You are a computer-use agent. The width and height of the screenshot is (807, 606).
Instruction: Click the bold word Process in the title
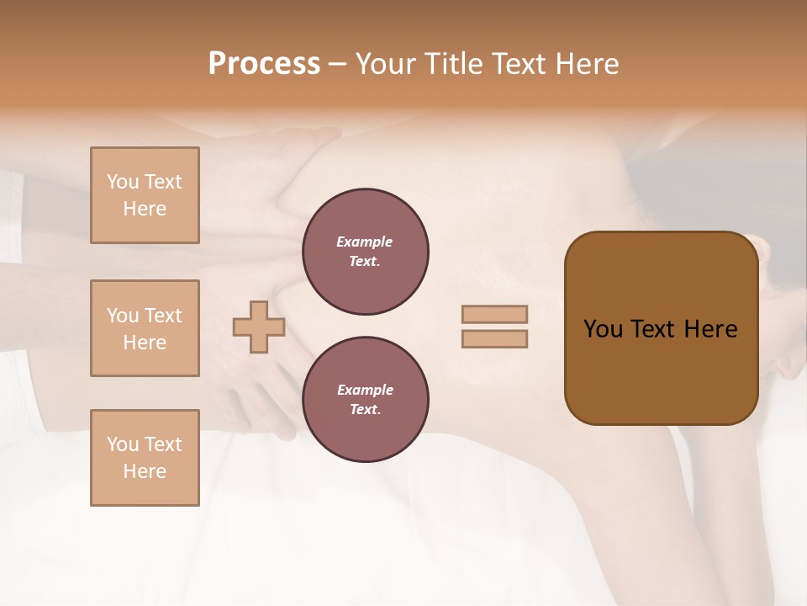pyautogui.click(x=264, y=64)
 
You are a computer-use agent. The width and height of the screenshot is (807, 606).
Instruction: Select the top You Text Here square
pyautogui.click(x=145, y=195)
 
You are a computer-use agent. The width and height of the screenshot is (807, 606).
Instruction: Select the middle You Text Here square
pyautogui.click(x=145, y=328)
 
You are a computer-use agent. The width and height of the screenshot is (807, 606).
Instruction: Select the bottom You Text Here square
pyautogui.click(x=145, y=458)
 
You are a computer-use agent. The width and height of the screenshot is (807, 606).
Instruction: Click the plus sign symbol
pyautogui.click(x=259, y=327)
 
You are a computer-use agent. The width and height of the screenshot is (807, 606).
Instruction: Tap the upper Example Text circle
pyautogui.click(x=365, y=252)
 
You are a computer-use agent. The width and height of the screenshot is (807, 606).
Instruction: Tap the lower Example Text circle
pyautogui.click(x=365, y=400)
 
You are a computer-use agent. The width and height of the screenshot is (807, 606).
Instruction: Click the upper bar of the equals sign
pyautogui.click(x=494, y=314)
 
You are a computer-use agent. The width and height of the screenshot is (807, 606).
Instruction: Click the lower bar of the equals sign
pyautogui.click(x=494, y=338)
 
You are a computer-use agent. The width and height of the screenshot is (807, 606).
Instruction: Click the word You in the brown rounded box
pyautogui.click(x=603, y=329)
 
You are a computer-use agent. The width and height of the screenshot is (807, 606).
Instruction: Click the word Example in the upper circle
pyautogui.click(x=365, y=242)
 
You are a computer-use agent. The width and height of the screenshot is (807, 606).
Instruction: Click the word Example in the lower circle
pyautogui.click(x=365, y=390)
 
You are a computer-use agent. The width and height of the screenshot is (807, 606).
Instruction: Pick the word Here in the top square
pyautogui.click(x=145, y=209)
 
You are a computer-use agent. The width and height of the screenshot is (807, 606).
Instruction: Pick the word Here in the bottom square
pyautogui.click(x=145, y=471)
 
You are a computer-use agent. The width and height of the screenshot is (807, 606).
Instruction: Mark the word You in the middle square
pyautogui.click(x=122, y=316)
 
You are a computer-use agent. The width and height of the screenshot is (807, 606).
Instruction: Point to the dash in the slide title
pyautogui.click(x=338, y=65)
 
